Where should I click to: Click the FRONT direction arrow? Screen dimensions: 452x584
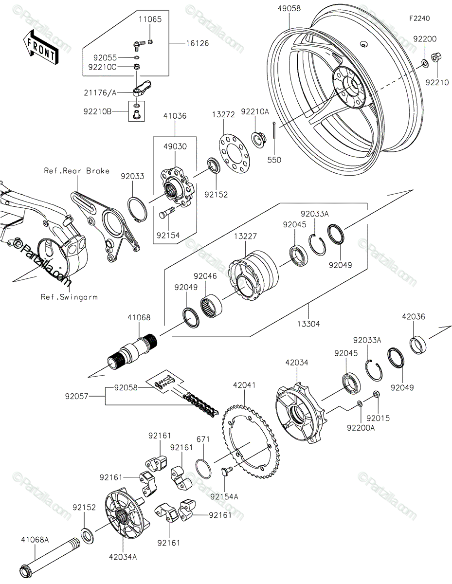pyautogui.click(x=40, y=47)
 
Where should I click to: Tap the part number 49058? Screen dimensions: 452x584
pyautogui.click(x=289, y=9)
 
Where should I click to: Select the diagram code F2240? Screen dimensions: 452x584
pyautogui.click(x=419, y=18)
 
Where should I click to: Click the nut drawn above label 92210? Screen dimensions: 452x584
pyautogui.click(x=436, y=58)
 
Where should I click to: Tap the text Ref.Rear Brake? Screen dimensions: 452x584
pyautogui.click(x=77, y=171)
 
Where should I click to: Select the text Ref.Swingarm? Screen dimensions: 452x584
pyautogui.click(x=69, y=297)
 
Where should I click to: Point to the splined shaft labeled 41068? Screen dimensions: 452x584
pyautogui.click(x=132, y=350)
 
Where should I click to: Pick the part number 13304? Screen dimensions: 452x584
pyautogui.click(x=308, y=324)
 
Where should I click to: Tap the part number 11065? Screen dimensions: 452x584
pyautogui.click(x=150, y=19)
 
